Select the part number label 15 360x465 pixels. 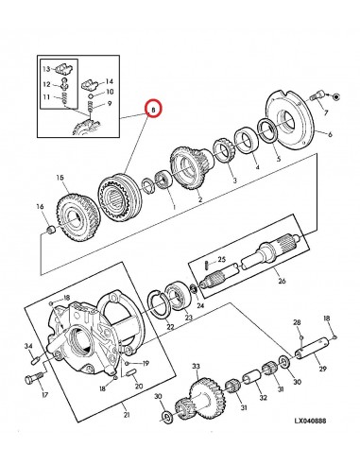[59, 177]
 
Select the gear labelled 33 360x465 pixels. [201, 396]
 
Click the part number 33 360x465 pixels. [196, 366]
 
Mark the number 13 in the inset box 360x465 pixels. [44, 69]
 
